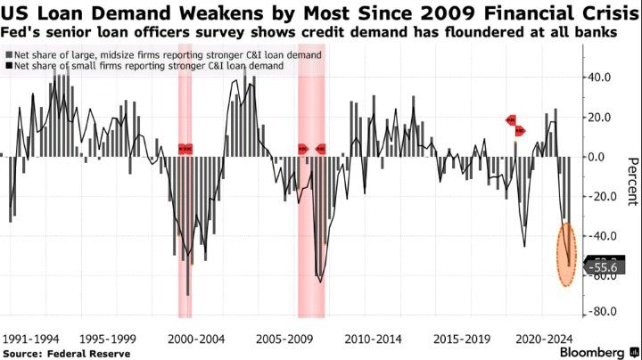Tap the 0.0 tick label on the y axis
coord(599,157)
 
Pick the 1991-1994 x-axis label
coord(32,339)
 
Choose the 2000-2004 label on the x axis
coord(198,339)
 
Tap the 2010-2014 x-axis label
coord(372,339)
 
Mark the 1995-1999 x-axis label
coord(109,339)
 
